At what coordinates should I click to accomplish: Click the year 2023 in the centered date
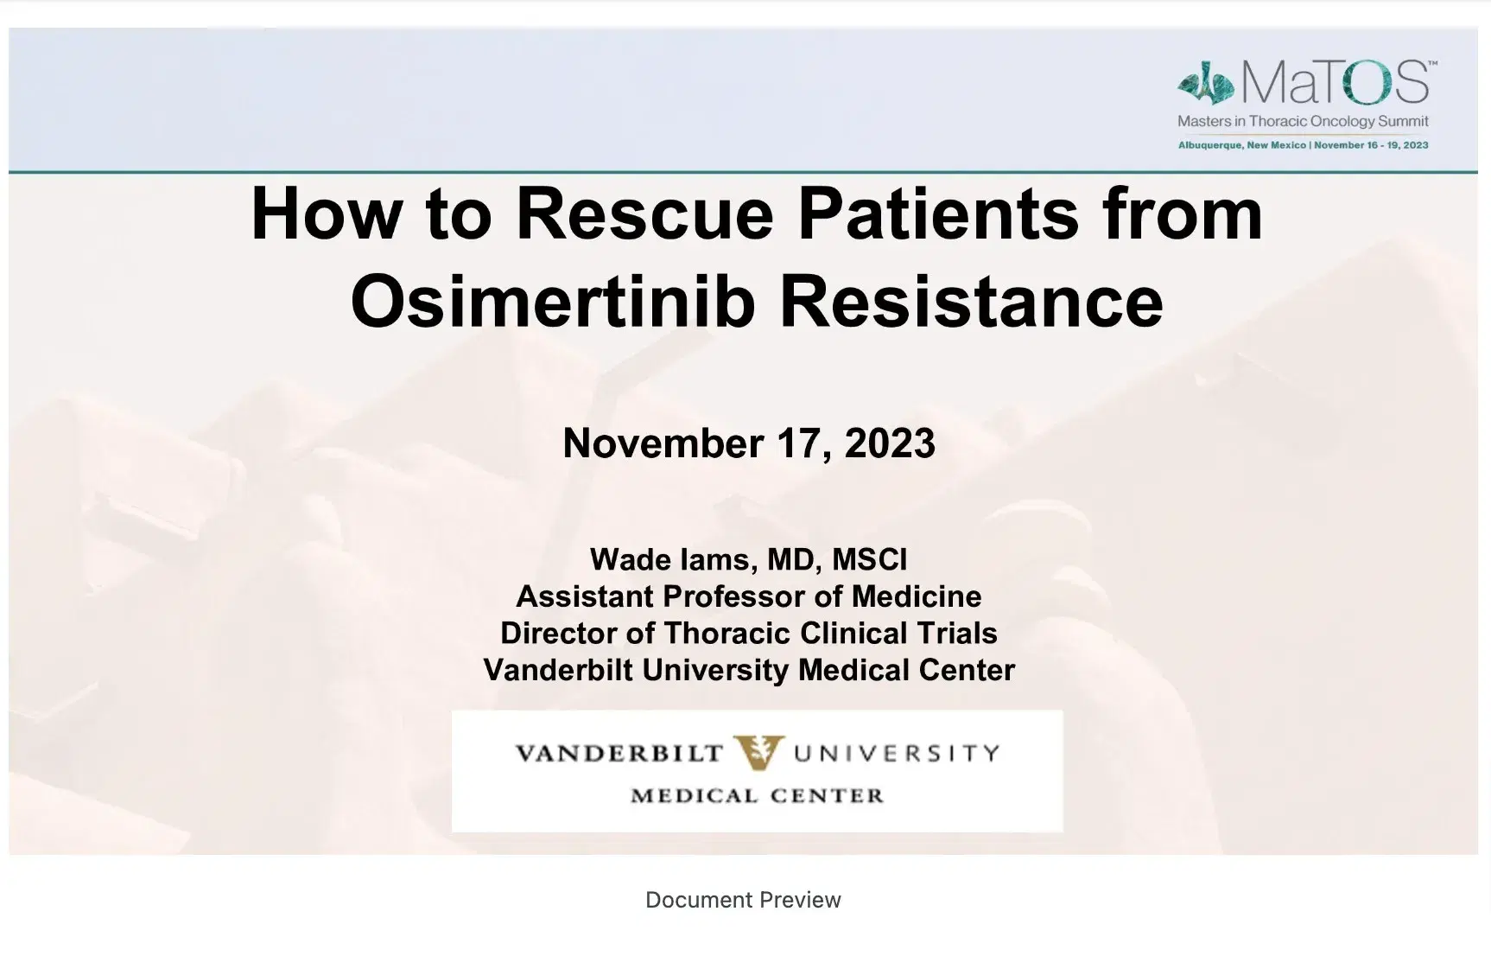point(890,443)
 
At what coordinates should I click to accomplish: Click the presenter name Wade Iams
point(669,559)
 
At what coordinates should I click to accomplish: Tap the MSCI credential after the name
point(869,559)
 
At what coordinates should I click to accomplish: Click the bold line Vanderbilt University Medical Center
point(749,671)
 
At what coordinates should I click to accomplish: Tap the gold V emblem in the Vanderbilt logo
point(758,752)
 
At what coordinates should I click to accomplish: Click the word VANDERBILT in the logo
point(619,754)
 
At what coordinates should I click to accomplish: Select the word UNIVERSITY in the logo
point(896,754)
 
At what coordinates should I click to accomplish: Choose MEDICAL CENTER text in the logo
point(758,795)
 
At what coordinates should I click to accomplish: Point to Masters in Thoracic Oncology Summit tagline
point(1303,122)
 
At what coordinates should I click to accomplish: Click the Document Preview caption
point(743,900)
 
